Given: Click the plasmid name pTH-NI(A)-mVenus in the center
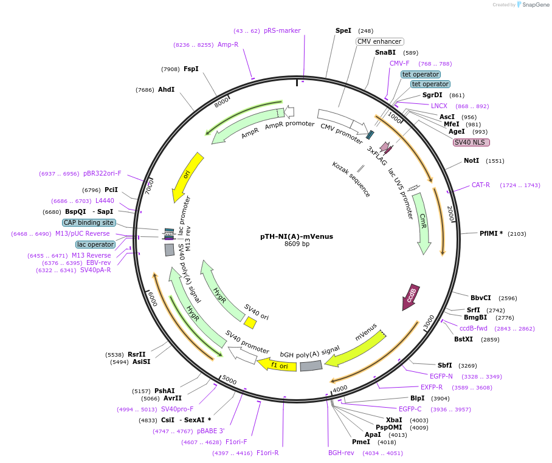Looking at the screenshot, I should click(x=297, y=236).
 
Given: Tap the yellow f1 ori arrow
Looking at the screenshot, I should click(x=278, y=365).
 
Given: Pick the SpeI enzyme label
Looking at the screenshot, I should click(x=343, y=30).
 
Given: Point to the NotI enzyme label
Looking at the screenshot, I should click(x=471, y=160).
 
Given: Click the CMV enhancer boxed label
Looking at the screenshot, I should click(x=379, y=41).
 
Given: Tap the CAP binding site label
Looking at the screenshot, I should click(x=89, y=222).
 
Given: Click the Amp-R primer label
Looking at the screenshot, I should click(x=228, y=44).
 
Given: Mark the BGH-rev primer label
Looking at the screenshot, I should click(x=341, y=453).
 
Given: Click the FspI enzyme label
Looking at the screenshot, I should click(x=191, y=69).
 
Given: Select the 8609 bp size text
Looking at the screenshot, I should click(x=297, y=244).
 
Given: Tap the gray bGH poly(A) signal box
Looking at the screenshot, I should click(x=311, y=366).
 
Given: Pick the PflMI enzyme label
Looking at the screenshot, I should click(x=491, y=233).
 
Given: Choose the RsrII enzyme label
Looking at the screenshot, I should click(x=137, y=354).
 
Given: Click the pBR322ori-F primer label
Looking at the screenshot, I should click(x=102, y=173).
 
